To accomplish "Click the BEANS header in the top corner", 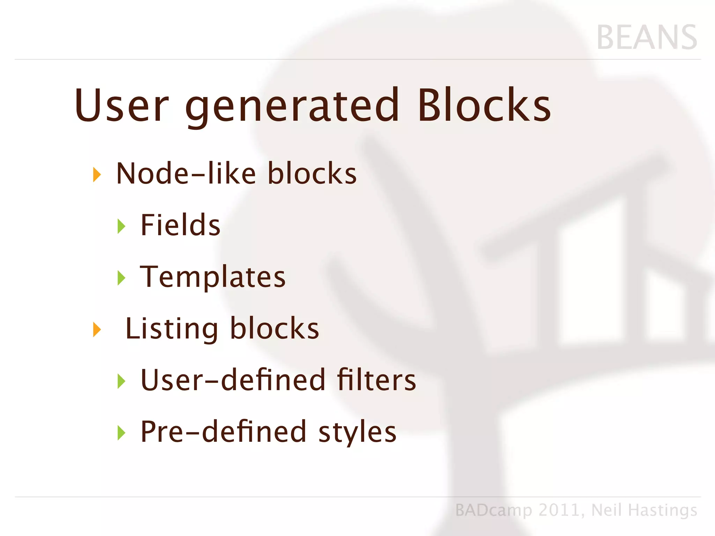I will coord(647,37).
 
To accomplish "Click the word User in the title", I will coord(122,105).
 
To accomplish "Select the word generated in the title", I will coord(292,106).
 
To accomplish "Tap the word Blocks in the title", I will coord(484,105).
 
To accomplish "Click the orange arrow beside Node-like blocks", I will coord(97,174).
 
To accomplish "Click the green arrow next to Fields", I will coord(121,226).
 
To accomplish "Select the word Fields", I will coord(180,225).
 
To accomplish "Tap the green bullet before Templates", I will coord(121,278).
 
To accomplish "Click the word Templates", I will coord(213,277).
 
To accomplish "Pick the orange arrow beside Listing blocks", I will coord(97,329).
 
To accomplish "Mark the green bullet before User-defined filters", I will coord(121,381).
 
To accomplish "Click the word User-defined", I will coord(233,380).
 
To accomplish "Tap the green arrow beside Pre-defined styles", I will coord(121,433).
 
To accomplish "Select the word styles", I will coord(357,432).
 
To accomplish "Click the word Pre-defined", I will coord(223,432).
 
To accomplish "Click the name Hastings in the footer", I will coord(662,511).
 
